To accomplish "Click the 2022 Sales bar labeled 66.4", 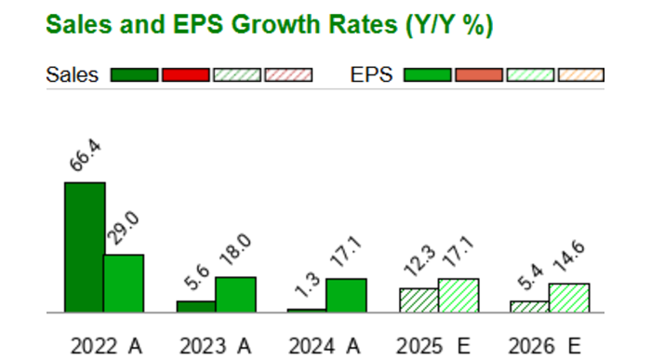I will click(x=84, y=247).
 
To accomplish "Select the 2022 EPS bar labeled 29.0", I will click(x=123, y=283).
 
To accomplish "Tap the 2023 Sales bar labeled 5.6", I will click(x=195, y=306).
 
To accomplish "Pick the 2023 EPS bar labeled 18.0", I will click(x=235, y=294).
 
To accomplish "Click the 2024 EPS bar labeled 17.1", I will click(x=346, y=295).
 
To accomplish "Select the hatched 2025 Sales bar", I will click(x=418, y=300).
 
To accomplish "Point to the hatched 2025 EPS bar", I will click(x=458, y=295).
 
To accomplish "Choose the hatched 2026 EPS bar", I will click(x=569, y=298).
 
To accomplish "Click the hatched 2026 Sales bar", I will click(x=529, y=306).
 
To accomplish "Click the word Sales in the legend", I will click(x=72, y=75).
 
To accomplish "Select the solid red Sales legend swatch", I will click(x=185, y=75).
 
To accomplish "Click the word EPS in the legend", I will click(x=372, y=75).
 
